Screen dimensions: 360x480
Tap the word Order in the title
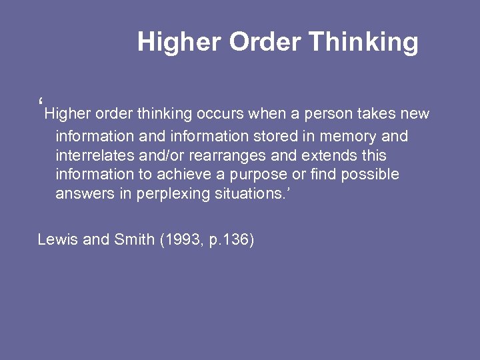[x=265, y=42]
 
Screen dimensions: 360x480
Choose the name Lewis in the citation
[x=57, y=239]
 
